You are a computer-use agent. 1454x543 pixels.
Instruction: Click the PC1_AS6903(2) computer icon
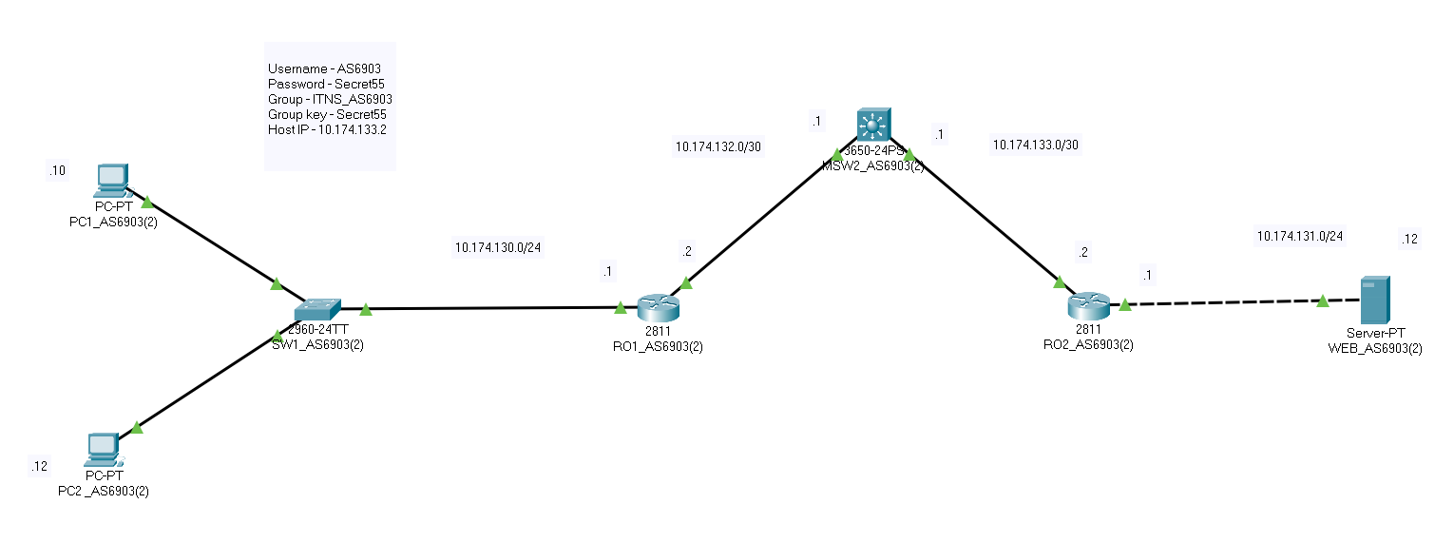click(x=112, y=177)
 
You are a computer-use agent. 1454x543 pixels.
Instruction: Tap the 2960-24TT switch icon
click(x=317, y=310)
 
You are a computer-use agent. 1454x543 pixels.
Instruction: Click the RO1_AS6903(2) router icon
click(x=659, y=307)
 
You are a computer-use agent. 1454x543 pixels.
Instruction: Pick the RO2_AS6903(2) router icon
click(x=1088, y=306)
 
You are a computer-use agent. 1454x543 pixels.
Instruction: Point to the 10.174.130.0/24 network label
click(x=498, y=247)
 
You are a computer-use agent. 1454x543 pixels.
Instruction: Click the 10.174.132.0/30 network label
click(x=717, y=146)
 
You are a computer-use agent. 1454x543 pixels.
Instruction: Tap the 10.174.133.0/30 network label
click(x=1036, y=145)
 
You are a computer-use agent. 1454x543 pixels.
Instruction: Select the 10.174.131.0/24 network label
click(x=1300, y=235)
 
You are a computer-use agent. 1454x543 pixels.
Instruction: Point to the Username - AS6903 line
click(x=325, y=69)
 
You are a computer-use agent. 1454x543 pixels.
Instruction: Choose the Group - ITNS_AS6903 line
click(x=330, y=99)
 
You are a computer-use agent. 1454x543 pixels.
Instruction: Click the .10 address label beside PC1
click(x=57, y=170)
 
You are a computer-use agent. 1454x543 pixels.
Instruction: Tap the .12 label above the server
click(x=1409, y=239)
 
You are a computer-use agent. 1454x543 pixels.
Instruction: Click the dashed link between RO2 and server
click(x=1226, y=302)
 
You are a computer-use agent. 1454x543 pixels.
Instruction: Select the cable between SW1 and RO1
click(x=494, y=308)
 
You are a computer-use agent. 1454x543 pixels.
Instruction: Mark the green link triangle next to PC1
click(x=146, y=203)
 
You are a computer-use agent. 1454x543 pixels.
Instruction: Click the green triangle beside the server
click(x=1322, y=301)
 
